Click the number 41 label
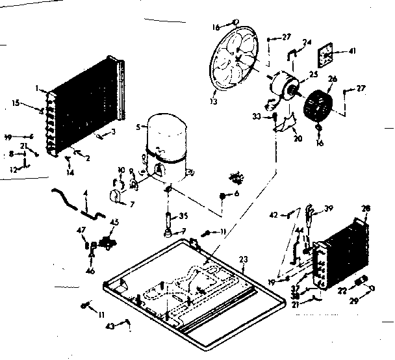(x=352, y=51)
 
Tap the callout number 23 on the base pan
(x=243, y=259)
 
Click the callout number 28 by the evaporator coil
(x=365, y=208)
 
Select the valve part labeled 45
(x=105, y=242)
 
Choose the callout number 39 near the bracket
(x=329, y=208)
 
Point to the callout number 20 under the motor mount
(x=298, y=138)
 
